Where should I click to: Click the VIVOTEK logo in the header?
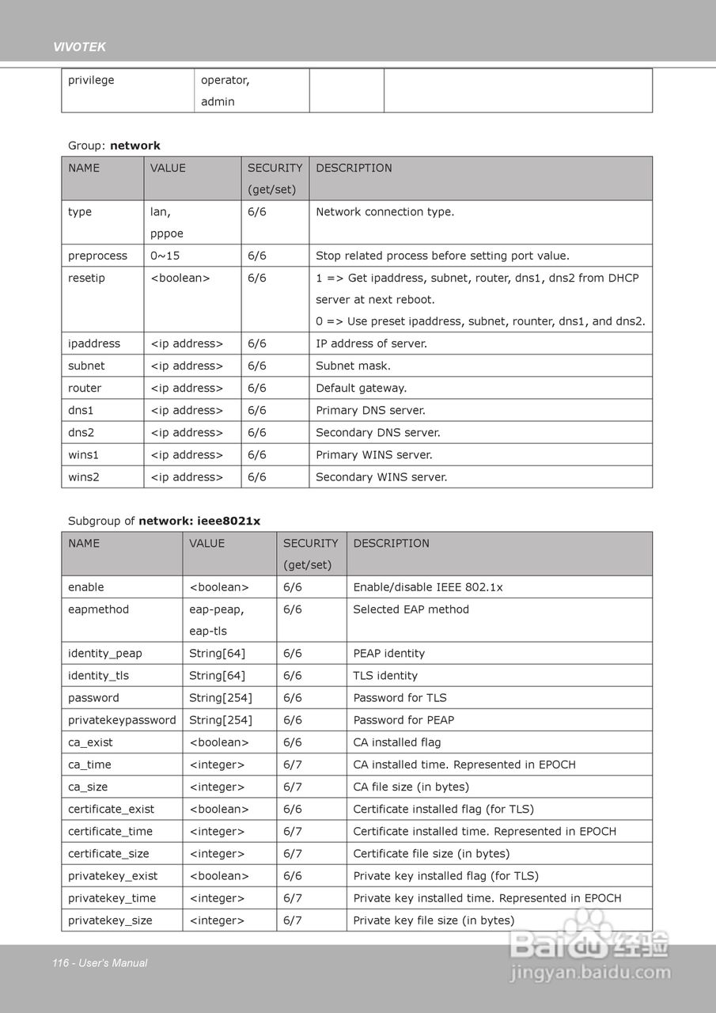[79, 47]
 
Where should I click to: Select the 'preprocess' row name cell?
[97, 256]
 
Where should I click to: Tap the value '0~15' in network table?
[165, 256]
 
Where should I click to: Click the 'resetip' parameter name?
[86, 278]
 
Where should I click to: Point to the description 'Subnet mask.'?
[353, 366]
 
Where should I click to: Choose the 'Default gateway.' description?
[361, 389]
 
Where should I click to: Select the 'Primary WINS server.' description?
[374, 455]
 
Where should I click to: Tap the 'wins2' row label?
[83, 477]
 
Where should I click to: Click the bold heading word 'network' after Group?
[135, 146]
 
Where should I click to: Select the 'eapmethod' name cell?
[98, 609]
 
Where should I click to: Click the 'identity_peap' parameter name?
[105, 654]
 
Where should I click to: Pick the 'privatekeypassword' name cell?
[122, 720]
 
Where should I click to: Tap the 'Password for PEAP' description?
[403, 720]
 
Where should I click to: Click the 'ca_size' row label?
[88, 787]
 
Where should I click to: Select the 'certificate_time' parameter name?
[110, 831]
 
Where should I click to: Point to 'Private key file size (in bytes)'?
[434, 920]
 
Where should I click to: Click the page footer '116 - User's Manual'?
[100, 963]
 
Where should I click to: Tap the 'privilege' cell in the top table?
[91, 80]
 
